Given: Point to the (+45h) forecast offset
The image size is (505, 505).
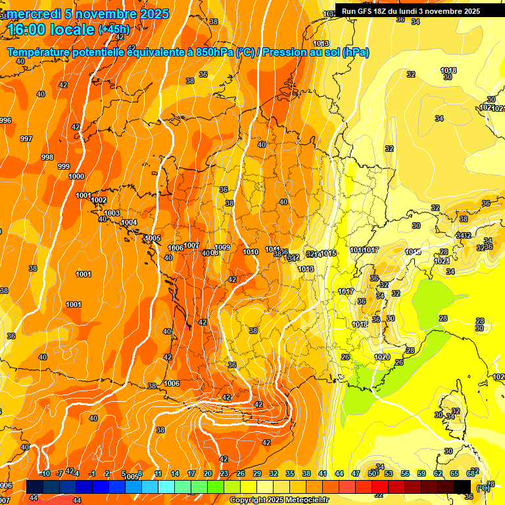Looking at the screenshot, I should point(114,30).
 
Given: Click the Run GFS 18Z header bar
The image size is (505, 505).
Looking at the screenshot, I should point(411,11).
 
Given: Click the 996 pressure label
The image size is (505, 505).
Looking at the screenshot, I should point(5,120).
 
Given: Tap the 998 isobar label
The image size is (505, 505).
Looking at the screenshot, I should point(47,157).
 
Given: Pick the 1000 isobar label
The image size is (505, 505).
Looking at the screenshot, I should point(76,176).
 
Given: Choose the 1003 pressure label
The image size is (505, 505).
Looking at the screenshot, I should point(112,213).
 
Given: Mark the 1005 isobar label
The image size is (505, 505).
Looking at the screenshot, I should point(153,238).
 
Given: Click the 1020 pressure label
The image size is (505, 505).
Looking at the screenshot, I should point(381,357).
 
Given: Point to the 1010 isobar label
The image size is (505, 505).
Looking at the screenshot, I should point(251,252).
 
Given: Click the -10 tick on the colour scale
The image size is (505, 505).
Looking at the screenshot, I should point(45,473).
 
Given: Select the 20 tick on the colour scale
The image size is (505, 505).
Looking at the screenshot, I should point(208,473).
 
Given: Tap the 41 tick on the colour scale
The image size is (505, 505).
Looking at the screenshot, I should point(323,473).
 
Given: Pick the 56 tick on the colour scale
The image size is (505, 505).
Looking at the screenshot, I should point(405,473).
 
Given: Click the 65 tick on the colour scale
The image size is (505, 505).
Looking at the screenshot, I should point(454,473).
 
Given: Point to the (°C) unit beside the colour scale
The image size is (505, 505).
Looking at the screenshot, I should point(483,488).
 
